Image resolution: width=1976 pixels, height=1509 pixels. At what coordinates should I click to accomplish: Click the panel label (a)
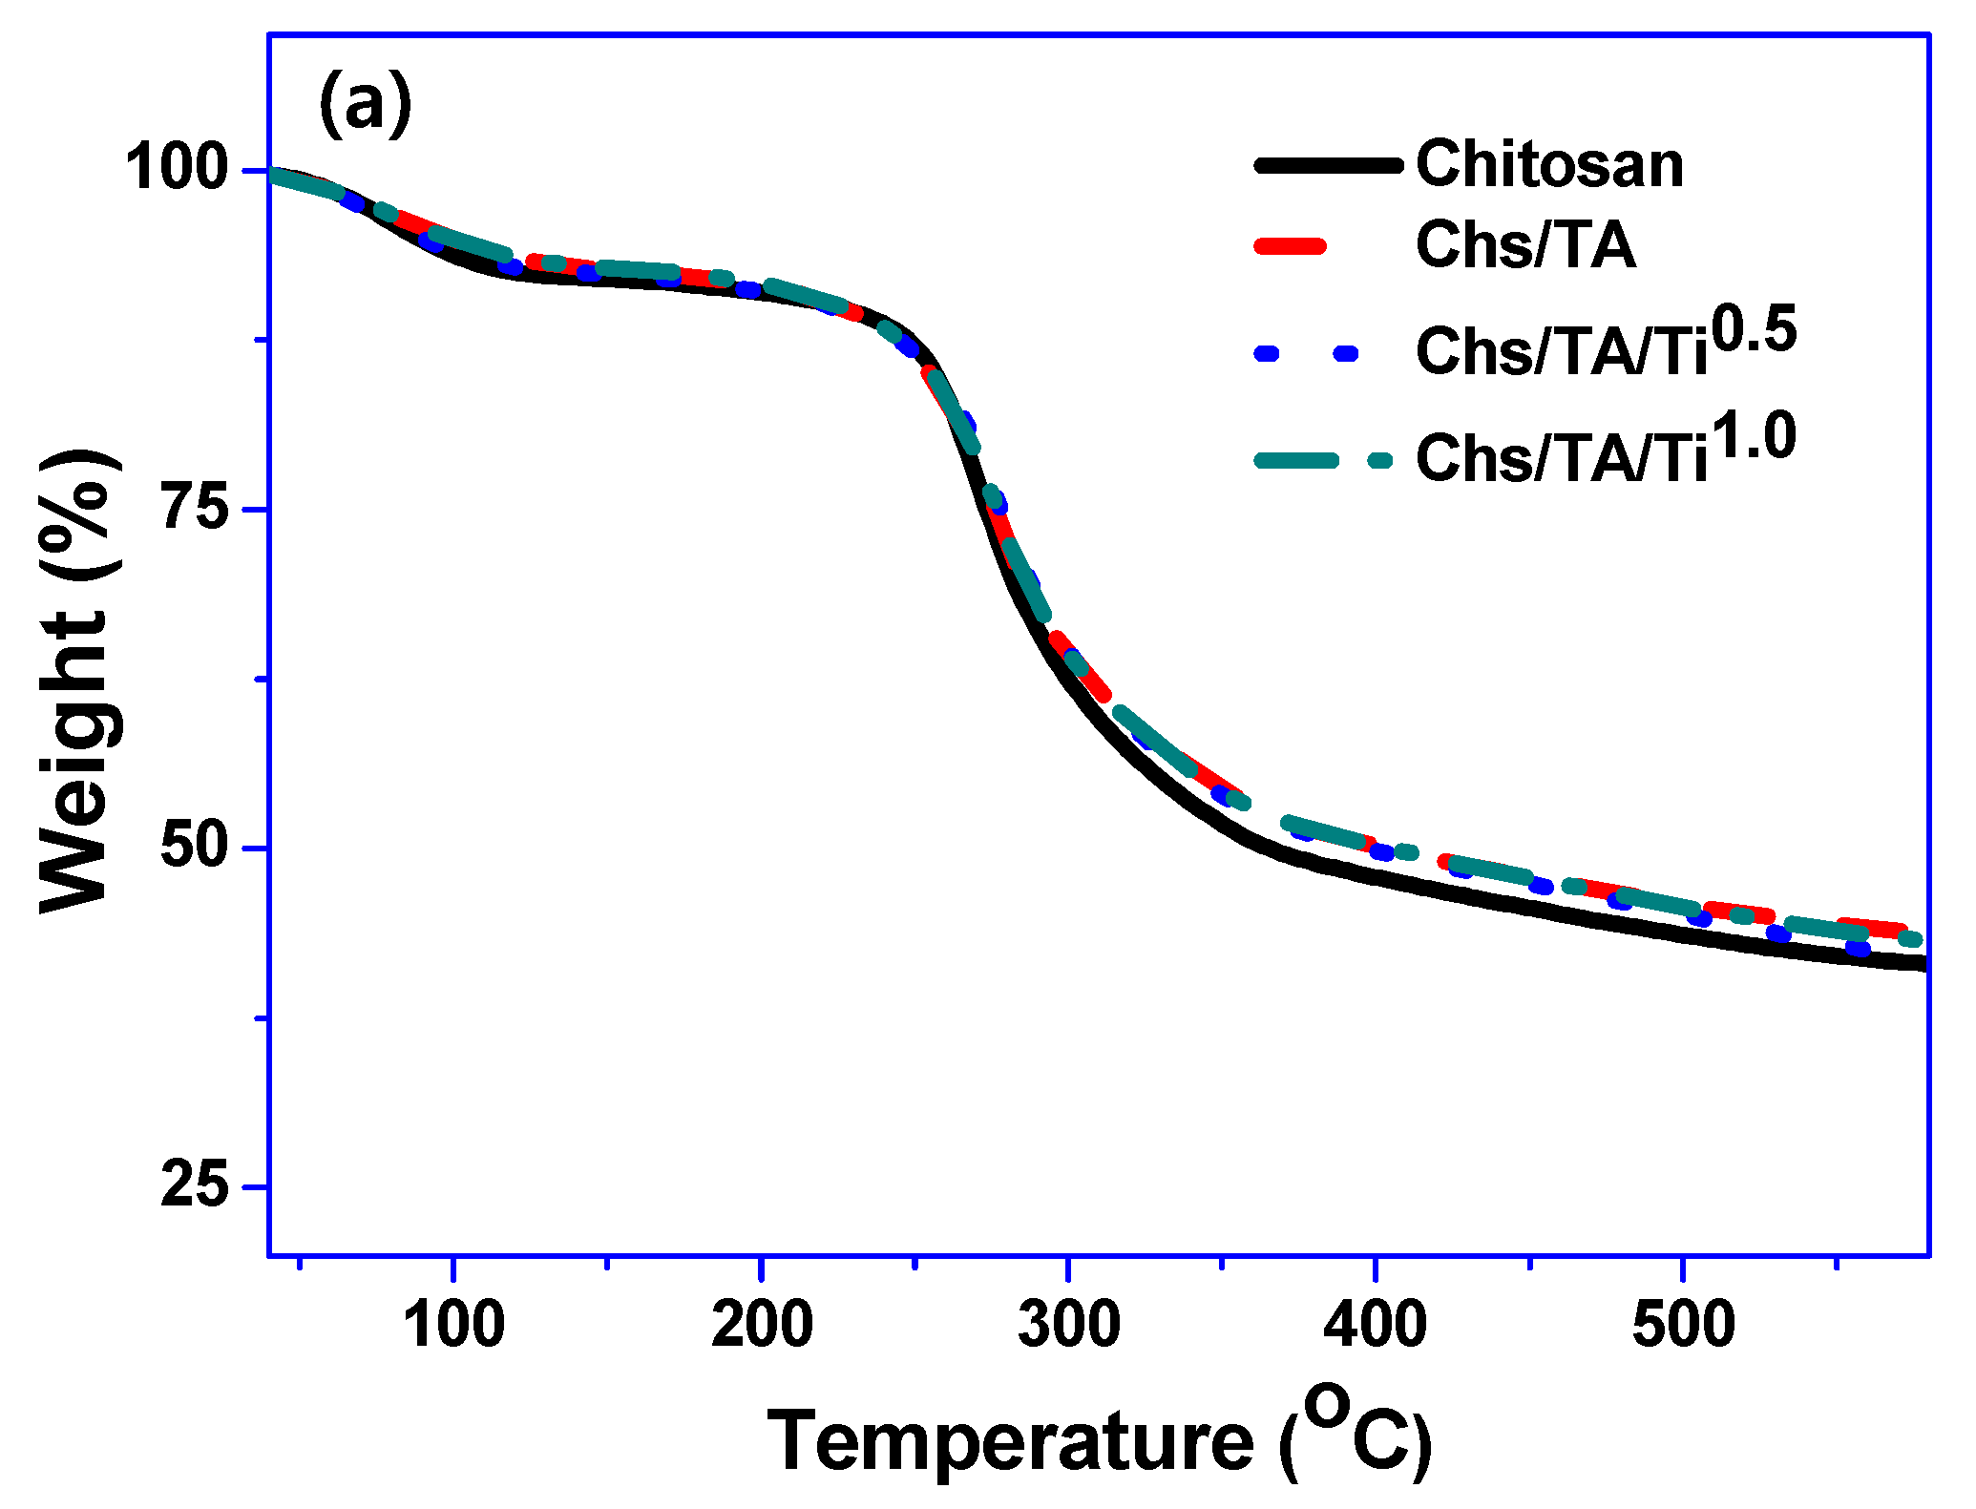tap(365, 104)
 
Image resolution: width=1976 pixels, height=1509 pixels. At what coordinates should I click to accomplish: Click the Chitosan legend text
tap(1549, 165)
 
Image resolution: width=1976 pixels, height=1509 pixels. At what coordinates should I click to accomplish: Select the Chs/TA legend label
tap(1525, 246)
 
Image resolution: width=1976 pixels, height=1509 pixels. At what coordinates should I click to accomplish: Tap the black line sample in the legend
tap(1328, 165)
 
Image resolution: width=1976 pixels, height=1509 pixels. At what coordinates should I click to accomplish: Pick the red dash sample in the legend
tap(1290, 246)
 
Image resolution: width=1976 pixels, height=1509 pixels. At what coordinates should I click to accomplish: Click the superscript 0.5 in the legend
tap(1754, 330)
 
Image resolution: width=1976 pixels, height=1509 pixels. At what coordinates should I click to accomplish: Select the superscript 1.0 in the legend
tap(1754, 437)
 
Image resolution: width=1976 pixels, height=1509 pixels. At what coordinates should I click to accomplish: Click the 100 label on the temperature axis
tap(453, 1325)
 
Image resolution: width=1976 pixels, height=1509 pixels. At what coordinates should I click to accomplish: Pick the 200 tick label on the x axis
tap(761, 1325)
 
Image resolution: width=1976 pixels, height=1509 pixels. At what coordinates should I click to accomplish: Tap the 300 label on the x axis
tap(1068, 1325)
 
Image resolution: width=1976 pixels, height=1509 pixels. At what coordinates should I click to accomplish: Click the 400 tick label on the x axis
tap(1376, 1325)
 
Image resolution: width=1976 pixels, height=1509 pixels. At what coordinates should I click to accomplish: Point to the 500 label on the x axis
tap(1683, 1325)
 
